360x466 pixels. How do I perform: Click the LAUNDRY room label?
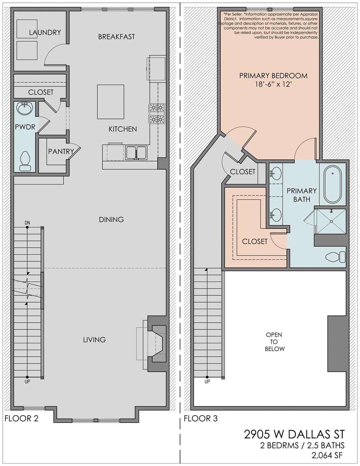tap(45, 32)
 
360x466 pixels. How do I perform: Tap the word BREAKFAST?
tap(116, 37)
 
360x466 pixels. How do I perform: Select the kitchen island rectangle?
tap(111, 102)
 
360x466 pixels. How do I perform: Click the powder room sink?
tap(25, 108)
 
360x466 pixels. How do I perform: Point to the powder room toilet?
tap(25, 161)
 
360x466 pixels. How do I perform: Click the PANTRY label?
tap(61, 152)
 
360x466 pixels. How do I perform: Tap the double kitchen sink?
tap(136, 153)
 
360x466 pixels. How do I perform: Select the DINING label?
tap(111, 220)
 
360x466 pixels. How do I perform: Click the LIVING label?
tap(95, 340)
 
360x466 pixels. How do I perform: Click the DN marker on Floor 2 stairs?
tap(27, 223)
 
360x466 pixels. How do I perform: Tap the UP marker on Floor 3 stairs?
tap(207, 382)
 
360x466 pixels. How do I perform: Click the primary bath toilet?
tap(335, 257)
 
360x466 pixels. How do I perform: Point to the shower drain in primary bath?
tap(331, 221)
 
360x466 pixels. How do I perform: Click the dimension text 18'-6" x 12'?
tap(274, 84)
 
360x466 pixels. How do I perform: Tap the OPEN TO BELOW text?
tap(274, 342)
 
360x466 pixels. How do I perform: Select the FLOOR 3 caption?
tap(200, 418)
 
